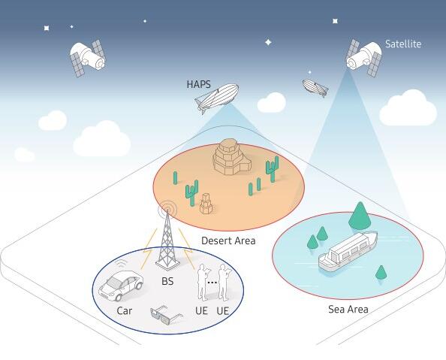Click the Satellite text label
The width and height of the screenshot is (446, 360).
[403, 44]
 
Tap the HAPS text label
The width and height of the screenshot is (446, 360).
[198, 84]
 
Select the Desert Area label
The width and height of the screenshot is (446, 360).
[228, 241]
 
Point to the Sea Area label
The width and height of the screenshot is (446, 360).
[348, 309]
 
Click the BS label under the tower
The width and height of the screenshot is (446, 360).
[167, 281]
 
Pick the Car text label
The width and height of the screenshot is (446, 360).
[125, 310]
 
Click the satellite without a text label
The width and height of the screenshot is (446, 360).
[88, 58]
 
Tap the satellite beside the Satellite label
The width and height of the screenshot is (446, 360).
[364, 58]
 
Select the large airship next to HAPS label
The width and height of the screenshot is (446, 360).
[217, 98]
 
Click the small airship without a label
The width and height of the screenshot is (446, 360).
[315, 87]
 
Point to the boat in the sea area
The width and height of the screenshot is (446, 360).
[348, 250]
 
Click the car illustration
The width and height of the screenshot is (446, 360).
[121, 286]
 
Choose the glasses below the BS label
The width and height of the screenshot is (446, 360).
[165, 315]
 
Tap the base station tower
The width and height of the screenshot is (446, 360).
[167, 239]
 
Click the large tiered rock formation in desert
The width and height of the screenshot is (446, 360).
[231, 157]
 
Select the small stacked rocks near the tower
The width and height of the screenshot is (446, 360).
[206, 204]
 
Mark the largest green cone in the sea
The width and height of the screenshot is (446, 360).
[360, 215]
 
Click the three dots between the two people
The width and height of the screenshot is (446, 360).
[212, 283]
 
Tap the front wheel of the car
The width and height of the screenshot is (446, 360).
[119, 298]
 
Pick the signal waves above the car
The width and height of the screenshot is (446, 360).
[122, 264]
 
